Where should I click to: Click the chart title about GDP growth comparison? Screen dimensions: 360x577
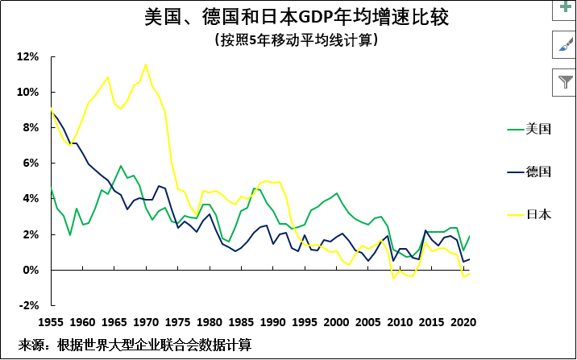297,16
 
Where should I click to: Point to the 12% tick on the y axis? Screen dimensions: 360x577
28,57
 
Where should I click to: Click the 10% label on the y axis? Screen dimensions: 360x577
28,93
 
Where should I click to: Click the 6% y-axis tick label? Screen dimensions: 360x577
31,163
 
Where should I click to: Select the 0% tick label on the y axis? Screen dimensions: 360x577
31,270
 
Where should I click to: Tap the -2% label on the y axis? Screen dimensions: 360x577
29,305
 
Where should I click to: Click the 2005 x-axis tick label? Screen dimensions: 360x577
367,321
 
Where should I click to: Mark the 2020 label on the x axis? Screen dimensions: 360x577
462,321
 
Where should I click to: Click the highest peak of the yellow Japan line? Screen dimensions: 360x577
146,64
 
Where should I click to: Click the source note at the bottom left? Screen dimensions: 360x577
135,345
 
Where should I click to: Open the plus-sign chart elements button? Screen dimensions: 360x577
563,7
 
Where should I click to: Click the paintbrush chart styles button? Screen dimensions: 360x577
563,45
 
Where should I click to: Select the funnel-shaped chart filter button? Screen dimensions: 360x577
563,82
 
